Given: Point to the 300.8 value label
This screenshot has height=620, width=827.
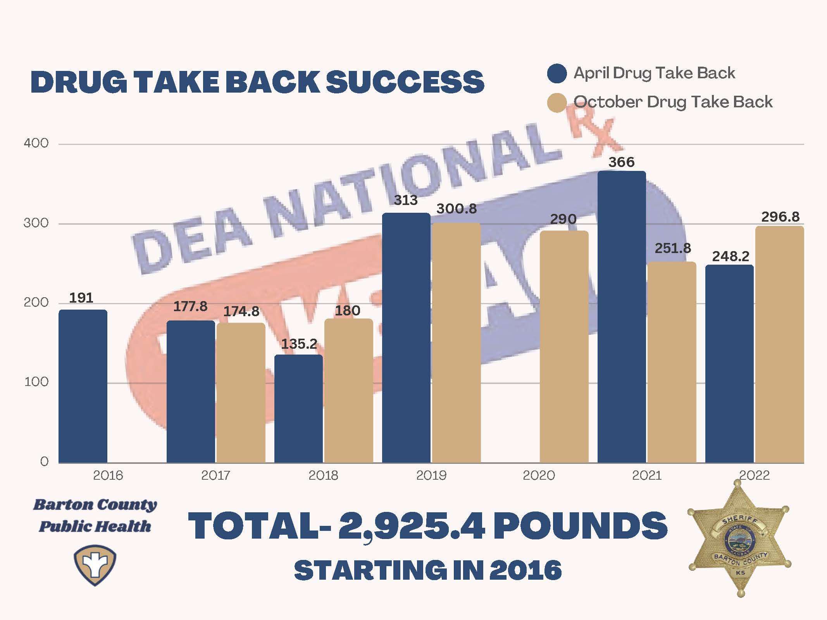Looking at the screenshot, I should click(457, 209).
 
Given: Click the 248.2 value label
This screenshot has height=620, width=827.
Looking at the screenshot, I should click(731, 256).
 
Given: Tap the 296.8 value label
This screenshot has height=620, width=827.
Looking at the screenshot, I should click(780, 217).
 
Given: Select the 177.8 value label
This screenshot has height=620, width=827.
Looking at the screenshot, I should click(190, 307).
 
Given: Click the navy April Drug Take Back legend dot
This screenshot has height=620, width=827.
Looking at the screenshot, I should click(557, 74).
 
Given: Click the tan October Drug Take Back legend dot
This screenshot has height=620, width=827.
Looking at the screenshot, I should click(557, 103).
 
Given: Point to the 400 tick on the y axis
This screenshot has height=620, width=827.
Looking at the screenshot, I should click(36, 143).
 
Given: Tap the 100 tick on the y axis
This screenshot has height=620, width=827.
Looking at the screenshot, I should click(36, 382).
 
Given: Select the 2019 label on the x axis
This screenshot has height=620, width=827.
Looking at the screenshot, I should click(431, 475).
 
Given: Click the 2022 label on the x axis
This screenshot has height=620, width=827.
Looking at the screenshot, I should click(754, 475).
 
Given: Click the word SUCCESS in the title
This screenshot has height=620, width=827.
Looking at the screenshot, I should click(405, 82).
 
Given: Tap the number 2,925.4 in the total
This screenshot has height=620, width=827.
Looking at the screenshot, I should click(411, 526).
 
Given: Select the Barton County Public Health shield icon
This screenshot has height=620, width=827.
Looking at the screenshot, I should click(95, 565).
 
